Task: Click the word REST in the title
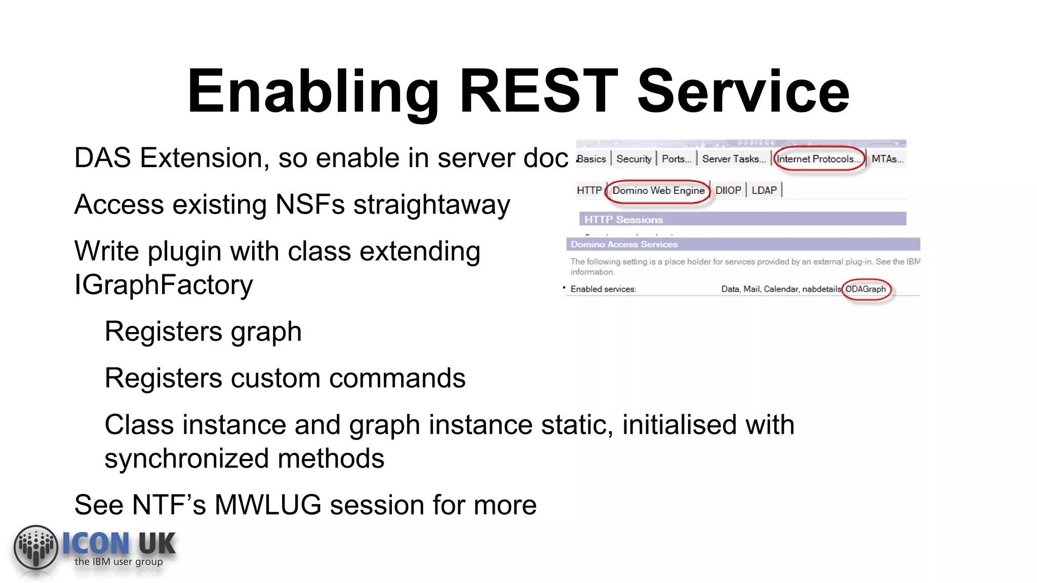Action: pyautogui.click(x=538, y=92)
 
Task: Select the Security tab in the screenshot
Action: pyautogui.click(x=633, y=159)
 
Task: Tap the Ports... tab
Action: pyautogui.click(x=676, y=159)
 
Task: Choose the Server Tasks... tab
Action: pyautogui.click(x=734, y=159)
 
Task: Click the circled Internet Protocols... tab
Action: pyautogui.click(x=818, y=159)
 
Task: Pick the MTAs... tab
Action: pyautogui.click(x=887, y=159)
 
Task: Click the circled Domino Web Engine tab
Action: pyautogui.click(x=658, y=191)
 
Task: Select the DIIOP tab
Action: pyautogui.click(x=728, y=190)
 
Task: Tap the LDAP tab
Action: pyautogui.click(x=764, y=190)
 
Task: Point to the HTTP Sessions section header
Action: pyautogui.click(x=623, y=220)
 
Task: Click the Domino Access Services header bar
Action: pyautogui.click(x=624, y=244)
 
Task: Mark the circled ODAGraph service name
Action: pyautogui.click(x=866, y=289)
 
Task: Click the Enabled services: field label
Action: pyautogui.click(x=603, y=289)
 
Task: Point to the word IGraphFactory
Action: pyautogui.click(x=164, y=285)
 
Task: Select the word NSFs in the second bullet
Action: pyautogui.click(x=310, y=205)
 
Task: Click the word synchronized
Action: pyautogui.click(x=187, y=459)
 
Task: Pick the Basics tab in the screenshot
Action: pyautogui.click(x=591, y=159)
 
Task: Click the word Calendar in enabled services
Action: pyautogui.click(x=780, y=289)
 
